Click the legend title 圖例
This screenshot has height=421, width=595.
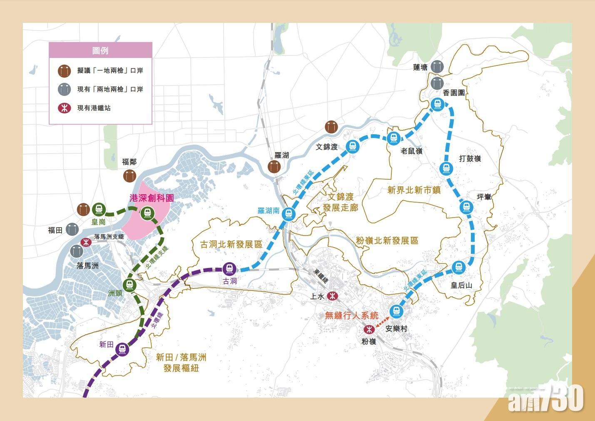(x=100, y=50)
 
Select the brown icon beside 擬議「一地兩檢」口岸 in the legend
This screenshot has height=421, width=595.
(x=64, y=71)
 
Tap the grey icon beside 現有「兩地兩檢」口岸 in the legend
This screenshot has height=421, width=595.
(x=64, y=89)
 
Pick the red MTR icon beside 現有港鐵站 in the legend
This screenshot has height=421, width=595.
(x=64, y=108)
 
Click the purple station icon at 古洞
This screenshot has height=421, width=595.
(x=229, y=269)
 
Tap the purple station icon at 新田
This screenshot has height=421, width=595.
(x=122, y=348)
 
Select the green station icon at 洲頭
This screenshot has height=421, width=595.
(x=130, y=285)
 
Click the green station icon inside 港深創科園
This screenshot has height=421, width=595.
(x=147, y=213)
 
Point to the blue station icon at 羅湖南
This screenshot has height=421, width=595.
(x=288, y=215)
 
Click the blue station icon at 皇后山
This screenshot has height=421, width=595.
(x=458, y=267)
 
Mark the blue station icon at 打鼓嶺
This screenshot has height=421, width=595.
(x=446, y=168)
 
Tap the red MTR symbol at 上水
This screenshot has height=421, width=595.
(x=332, y=296)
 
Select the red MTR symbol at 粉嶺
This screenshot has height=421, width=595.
(x=368, y=329)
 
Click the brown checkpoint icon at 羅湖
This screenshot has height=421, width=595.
(x=274, y=167)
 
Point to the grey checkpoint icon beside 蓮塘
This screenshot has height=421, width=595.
(x=437, y=66)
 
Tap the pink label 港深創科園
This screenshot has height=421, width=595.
(x=152, y=198)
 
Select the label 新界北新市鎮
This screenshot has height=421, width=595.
(x=414, y=190)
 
